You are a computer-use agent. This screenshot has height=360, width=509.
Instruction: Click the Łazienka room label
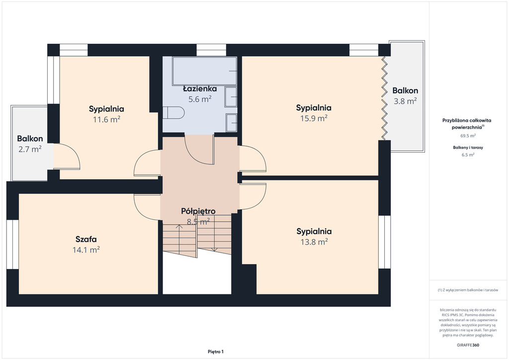(x=200, y=89)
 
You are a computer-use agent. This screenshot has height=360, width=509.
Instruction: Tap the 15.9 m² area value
(x=314, y=118)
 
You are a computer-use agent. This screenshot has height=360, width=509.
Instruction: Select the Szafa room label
(x=86, y=239)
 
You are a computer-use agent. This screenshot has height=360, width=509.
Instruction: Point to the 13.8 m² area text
(x=314, y=242)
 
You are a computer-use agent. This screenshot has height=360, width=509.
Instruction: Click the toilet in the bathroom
(x=173, y=113)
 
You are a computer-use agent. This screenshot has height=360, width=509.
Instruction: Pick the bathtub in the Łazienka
(x=205, y=71)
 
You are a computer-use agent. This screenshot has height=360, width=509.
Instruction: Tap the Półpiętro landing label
(x=198, y=211)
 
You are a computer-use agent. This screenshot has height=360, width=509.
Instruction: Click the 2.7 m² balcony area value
(x=30, y=149)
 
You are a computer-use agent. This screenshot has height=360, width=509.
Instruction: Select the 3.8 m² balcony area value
(x=405, y=101)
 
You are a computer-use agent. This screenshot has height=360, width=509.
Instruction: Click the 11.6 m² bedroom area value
(x=106, y=119)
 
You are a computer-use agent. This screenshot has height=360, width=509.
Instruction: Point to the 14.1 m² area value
(x=86, y=250)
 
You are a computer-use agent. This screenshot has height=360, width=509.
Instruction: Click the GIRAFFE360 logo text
(x=468, y=345)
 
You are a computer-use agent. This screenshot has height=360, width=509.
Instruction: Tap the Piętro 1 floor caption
(x=216, y=352)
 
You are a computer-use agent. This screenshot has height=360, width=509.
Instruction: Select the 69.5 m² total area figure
(x=468, y=136)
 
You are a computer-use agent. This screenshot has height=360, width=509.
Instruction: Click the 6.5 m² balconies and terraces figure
(x=468, y=155)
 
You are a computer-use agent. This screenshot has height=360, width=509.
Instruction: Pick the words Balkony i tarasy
(x=468, y=147)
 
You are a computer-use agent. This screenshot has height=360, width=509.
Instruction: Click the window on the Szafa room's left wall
(x=13, y=245)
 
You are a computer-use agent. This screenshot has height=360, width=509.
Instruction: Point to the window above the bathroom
(x=211, y=50)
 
